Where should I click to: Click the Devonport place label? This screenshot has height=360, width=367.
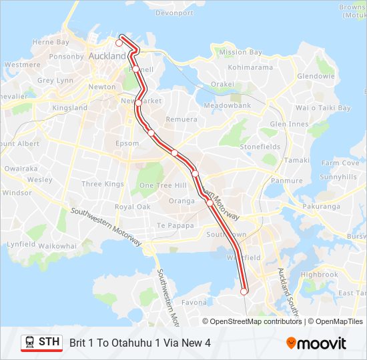pyautogui.click(x=174, y=13)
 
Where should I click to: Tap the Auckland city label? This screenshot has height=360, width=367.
pyautogui.click(x=107, y=57)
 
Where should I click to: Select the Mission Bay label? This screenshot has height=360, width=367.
pyautogui.click(x=241, y=52)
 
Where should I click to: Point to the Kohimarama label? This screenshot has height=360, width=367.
pyautogui.click(x=250, y=67)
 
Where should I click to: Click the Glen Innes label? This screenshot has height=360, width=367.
pyautogui.click(x=289, y=125)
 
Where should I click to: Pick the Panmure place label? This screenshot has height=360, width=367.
pyautogui.click(x=287, y=181)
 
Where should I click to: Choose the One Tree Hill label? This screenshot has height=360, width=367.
pyautogui.click(x=163, y=185)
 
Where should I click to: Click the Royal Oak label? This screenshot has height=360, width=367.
pyautogui.click(x=133, y=207)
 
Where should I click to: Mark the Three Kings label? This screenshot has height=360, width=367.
pyautogui.click(x=103, y=184)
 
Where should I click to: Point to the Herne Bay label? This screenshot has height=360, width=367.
pyautogui.click(x=51, y=42)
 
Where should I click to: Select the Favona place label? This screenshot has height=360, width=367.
pyautogui.click(x=194, y=303)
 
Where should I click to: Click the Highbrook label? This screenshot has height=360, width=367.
pyautogui.click(x=320, y=275)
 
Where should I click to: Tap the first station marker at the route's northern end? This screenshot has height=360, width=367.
pyautogui.click(x=119, y=43)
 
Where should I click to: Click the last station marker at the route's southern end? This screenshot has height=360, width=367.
pyautogui.click(x=244, y=291)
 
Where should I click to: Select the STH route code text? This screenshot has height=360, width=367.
pyautogui.click(x=49, y=342)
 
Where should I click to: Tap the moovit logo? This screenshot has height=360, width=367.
pyautogui.click(x=316, y=343)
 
